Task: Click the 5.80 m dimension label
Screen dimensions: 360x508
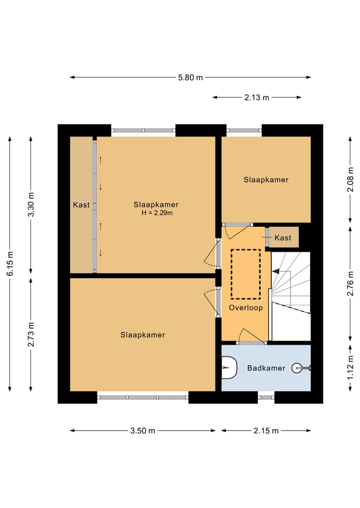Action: [x=190, y=77]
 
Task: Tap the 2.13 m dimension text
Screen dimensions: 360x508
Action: [x=257, y=97]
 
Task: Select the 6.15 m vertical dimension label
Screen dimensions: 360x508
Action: [x=10, y=264]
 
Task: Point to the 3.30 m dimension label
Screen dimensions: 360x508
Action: [x=31, y=205]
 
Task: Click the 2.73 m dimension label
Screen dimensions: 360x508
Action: [x=31, y=335]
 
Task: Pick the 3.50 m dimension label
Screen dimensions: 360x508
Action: [x=142, y=431]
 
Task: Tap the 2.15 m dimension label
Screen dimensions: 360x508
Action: [x=266, y=431]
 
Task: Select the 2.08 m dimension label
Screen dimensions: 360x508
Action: [x=350, y=179]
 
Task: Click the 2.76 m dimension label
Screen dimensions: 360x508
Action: [x=350, y=284]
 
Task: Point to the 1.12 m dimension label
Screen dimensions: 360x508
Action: [x=350, y=368]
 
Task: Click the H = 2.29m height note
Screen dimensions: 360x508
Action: [x=157, y=213]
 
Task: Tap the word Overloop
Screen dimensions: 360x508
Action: [x=246, y=308]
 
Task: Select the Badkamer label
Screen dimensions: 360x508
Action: [x=266, y=368]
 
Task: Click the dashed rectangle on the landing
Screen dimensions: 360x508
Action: [x=245, y=250]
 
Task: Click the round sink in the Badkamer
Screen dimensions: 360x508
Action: [x=297, y=368]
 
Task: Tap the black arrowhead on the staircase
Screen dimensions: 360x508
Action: [x=276, y=272]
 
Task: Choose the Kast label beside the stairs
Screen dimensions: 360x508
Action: [x=283, y=238]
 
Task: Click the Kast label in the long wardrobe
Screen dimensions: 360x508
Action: [x=81, y=205]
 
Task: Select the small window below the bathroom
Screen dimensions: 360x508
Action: [x=266, y=397]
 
